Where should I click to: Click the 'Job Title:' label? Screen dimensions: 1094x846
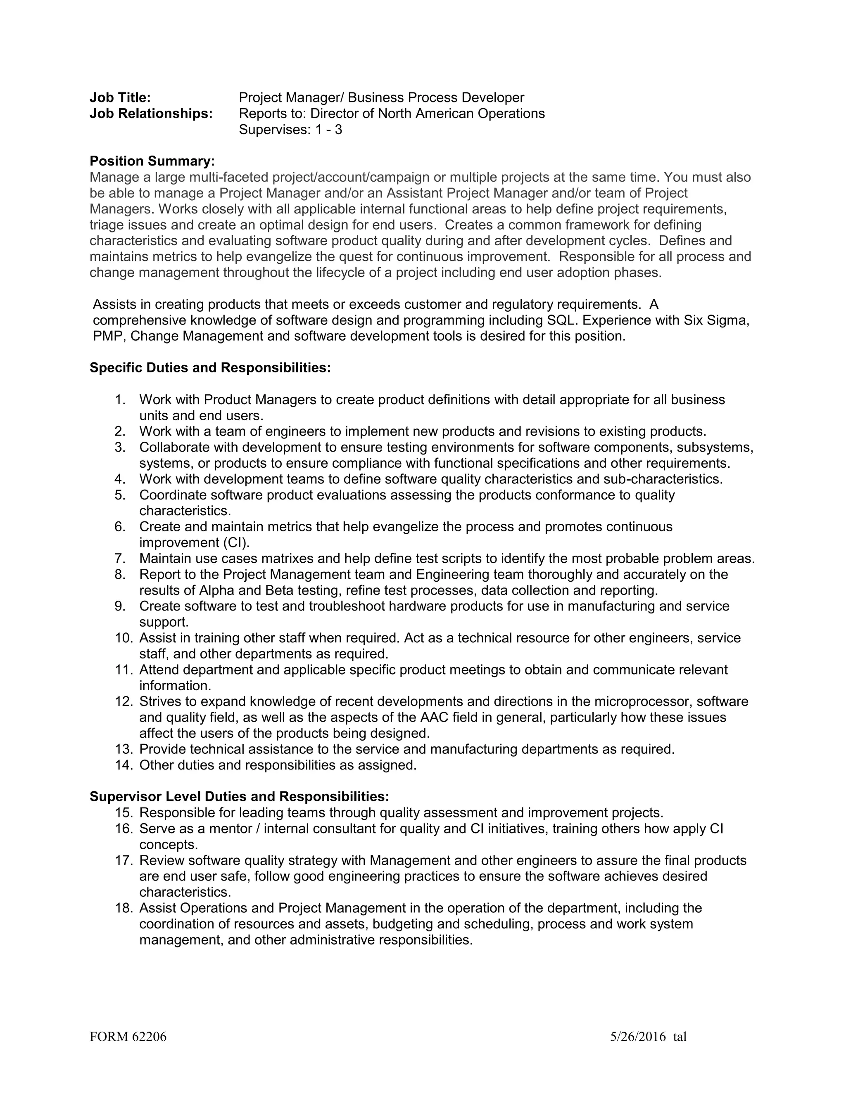point(120,98)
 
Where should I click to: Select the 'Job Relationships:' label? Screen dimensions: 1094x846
point(151,114)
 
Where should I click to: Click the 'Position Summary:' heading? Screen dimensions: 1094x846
point(152,161)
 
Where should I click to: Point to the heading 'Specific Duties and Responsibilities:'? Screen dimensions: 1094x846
point(210,368)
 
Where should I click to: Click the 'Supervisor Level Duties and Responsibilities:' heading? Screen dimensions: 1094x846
point(239,796)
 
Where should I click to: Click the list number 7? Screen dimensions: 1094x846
point(119,559)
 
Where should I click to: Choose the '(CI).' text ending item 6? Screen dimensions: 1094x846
point(235,542)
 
